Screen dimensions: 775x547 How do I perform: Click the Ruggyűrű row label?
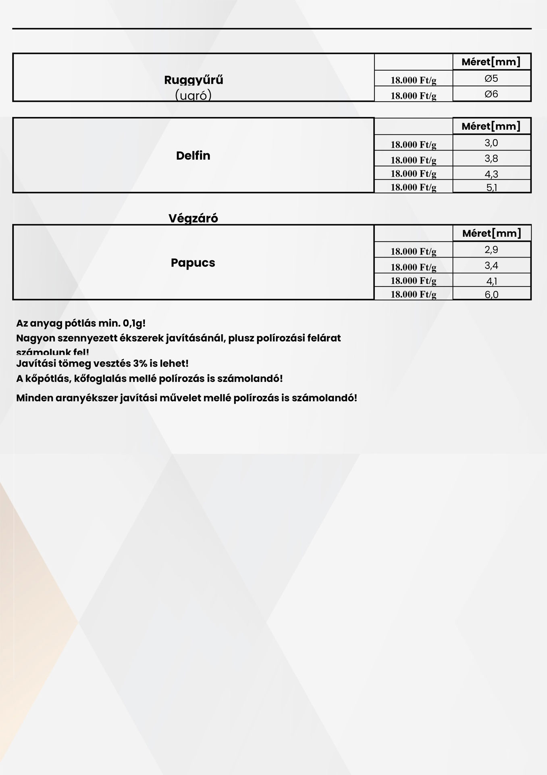pyautogui.click(x=193, y=80)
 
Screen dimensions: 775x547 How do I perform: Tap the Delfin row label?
pyautogui.click(x=193, y=156)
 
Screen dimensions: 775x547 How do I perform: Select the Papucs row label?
pyautogui.click(x=193, y=263)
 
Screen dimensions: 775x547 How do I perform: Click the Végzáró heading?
pyautogui.click(x=193, y=218)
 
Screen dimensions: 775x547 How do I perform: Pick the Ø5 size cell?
pyautogui.click(x=491, y=78)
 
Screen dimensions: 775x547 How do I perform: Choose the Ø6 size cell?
pyautogui.click(x=491, y=94)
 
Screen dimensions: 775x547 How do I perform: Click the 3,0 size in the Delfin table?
pyautogui.click(x=491, y=143)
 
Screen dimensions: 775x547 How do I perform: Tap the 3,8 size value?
pyautogui.click(x=491, y=159)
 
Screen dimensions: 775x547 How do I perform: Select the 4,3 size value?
pyautogui.click(x=491, y=174)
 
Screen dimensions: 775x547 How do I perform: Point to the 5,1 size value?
pyautogui.click(x=491, y=187)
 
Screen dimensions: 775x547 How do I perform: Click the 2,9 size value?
pyautogui.click(x=491, y=250)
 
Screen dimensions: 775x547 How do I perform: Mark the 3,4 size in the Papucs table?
pyautogui.click(x=491, y=266)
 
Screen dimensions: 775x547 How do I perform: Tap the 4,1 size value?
pyautogui.click(x=491, y=281)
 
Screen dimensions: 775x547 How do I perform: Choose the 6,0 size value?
pyautogui.click(x=491, y=294)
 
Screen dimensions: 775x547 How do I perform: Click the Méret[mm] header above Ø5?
pyautogui.click(x=491, y=62)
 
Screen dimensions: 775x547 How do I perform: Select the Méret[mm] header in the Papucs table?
pyautogui.click(x=491, y=233)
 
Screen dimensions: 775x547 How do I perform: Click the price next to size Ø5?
pyautogui.click(x=413, y=80)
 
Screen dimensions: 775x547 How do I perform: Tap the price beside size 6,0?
pyautogui.click(x=413, y=294)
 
